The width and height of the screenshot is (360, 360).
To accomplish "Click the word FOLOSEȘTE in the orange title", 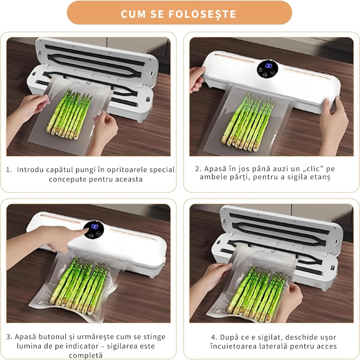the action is (x=202, y=14).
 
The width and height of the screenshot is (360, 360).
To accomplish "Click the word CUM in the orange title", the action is (x=133, y=14).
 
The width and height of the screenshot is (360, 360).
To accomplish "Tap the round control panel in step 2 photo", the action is (x=267, y=69).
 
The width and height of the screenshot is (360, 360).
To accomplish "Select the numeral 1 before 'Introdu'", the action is (x=8, y=170).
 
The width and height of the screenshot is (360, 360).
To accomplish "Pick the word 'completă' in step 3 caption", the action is (x=85, y=355).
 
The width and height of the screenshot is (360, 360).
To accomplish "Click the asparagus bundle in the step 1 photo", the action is (x=69, y=114).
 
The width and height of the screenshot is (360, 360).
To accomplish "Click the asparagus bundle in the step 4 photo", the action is (x=256, y=292).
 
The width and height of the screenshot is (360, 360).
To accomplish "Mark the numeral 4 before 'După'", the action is (x=213, y=337).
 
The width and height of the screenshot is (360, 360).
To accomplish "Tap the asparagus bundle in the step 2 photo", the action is (x=248, y=121).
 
